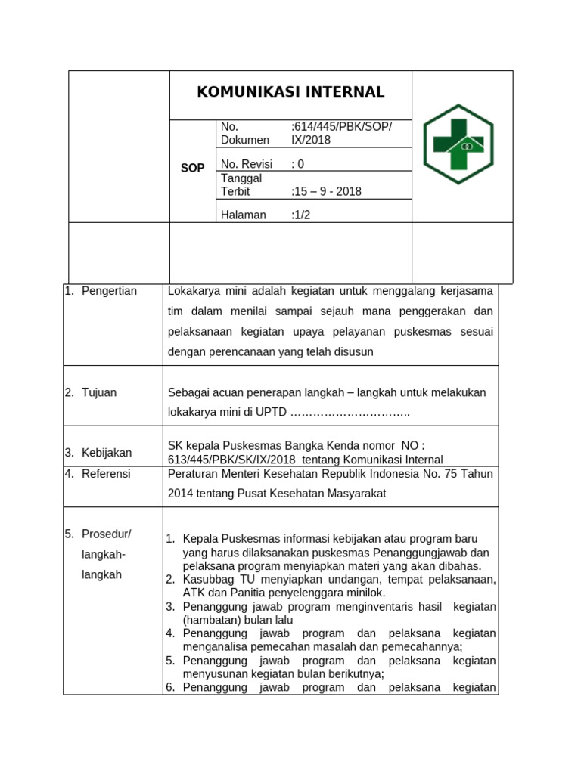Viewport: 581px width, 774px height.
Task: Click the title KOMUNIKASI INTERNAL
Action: point(290,92)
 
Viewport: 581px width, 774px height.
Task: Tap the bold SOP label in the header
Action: point(192,168)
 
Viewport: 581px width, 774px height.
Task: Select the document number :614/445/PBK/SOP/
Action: point(341,126)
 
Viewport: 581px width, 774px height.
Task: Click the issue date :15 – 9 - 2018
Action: point(326,191)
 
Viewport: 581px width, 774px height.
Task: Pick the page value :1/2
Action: point(300,215)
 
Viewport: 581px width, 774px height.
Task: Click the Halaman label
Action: point(243,215)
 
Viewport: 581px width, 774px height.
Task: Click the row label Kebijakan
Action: point(107,453)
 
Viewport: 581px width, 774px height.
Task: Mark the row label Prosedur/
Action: point(106,534)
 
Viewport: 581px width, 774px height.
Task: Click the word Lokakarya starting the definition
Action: point(193,291)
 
